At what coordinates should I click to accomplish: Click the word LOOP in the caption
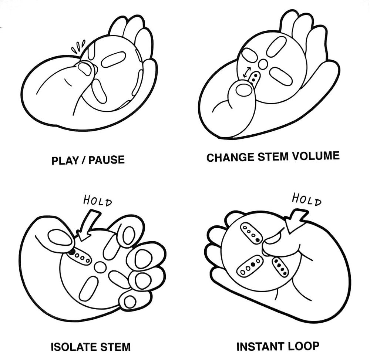point(304,346)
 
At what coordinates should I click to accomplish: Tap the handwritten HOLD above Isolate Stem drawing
point(97,202)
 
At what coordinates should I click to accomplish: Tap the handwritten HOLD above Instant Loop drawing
point(306,199)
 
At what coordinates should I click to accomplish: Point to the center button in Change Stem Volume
point(263,64)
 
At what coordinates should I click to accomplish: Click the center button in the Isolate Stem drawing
point(100,267)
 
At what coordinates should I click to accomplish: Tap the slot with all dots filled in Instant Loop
point(280,267)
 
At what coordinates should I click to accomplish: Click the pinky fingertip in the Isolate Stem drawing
point(129,302)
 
